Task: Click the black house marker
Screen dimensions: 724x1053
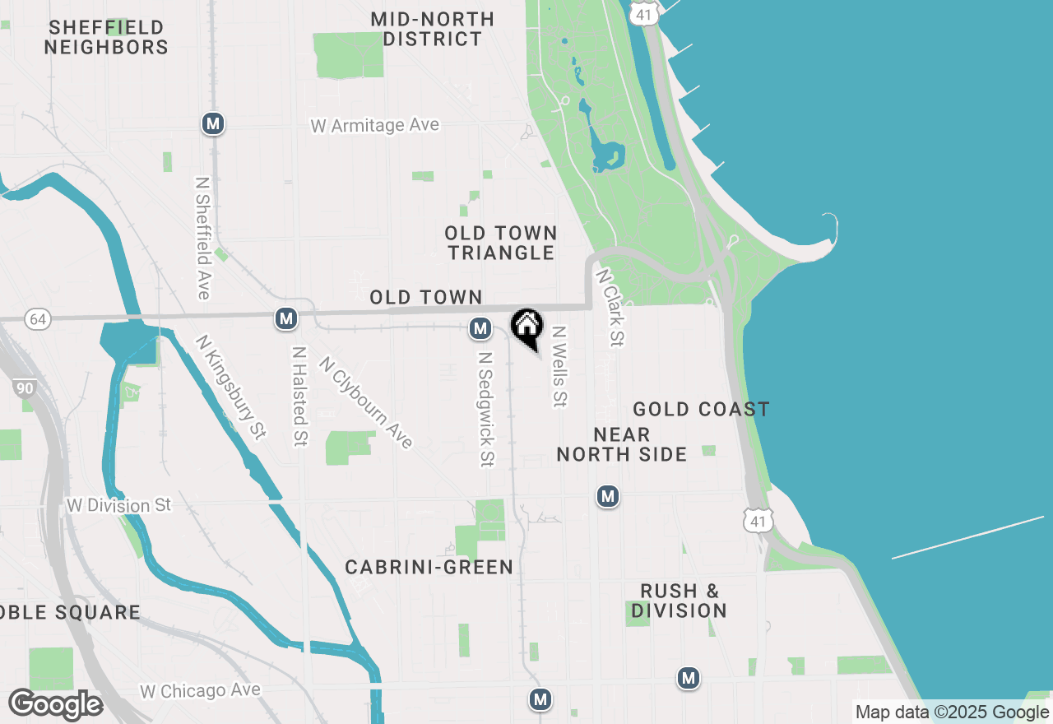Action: click(526, 327)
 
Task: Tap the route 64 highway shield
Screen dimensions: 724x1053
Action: click(37, 318)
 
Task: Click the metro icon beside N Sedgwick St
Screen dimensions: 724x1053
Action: click(480, 329)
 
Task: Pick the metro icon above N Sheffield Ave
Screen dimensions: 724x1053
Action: click(213, 124)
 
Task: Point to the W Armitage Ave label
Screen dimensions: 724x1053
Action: click(374, 126)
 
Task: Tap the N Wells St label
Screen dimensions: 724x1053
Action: click(559, 366)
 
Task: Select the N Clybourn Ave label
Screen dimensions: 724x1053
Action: click(365, 402)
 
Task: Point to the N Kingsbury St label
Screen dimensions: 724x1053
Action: click(231, 386)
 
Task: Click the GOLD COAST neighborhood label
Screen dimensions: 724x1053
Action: click(701, 409)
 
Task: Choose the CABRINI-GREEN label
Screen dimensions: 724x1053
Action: click(429, 567)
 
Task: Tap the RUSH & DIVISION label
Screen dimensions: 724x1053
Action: click(680, 601)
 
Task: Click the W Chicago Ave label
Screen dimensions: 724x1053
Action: click(200, 691)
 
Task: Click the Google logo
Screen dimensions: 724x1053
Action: click(55, 704)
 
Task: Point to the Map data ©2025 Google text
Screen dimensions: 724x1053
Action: click(952, 712)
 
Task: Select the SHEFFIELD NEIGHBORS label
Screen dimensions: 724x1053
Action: click(106, 37)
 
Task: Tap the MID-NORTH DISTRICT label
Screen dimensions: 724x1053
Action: click(433, 29)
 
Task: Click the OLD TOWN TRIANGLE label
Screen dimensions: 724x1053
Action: click(501, 243)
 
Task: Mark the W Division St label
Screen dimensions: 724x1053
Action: click(119, 505)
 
